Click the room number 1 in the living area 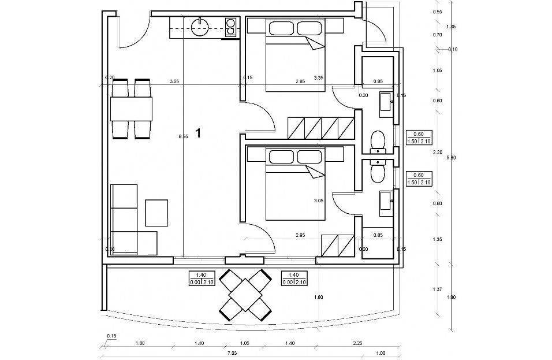198,133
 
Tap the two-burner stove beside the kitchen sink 230,27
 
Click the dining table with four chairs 131,109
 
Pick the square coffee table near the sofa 156,212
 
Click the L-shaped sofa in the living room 127,222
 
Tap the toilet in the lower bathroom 378,169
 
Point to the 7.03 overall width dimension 231,353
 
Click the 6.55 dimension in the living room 183,136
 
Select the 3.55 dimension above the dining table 174,81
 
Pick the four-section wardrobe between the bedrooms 320,128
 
